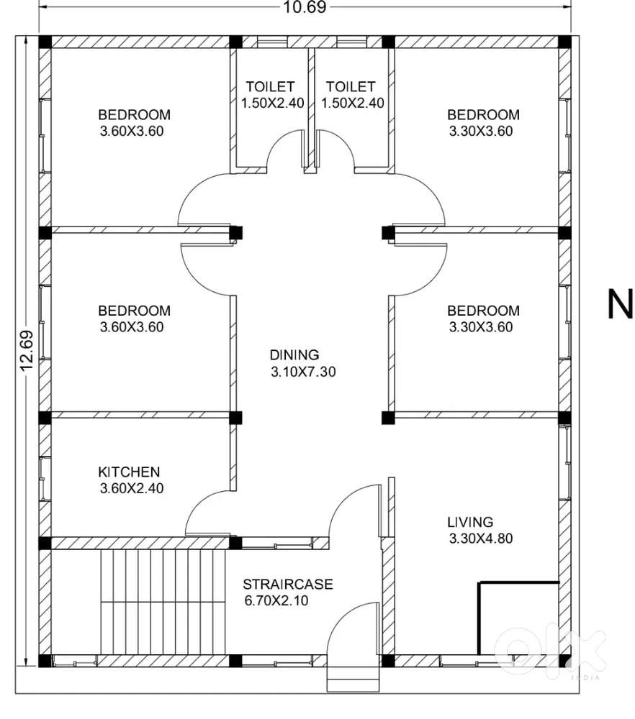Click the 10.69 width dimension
point(304,7)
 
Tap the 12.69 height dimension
point(27,350)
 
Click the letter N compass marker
point(621,303)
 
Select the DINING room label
point(294,355)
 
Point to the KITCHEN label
point(129,472)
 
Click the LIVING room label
point(470,522)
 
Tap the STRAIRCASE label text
point(288,584)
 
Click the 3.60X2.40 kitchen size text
point(132,488)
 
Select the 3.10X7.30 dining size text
point(303,372)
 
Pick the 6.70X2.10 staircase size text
point(276,600)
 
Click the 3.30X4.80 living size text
point(481,539)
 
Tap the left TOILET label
point(270,87)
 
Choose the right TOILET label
point(351,87)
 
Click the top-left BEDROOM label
point(135,114)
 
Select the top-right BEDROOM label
point(484,114)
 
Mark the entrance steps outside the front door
point(353,678)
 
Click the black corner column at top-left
point(45,42)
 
